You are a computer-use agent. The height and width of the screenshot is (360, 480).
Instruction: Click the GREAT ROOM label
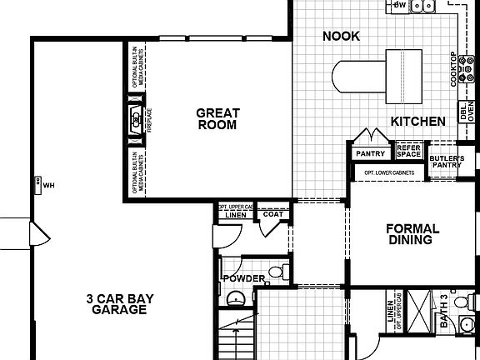click(218, 119)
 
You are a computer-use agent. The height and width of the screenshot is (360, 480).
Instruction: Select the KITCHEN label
click(417, 122)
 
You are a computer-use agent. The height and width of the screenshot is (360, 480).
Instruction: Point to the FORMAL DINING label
click(408, 234)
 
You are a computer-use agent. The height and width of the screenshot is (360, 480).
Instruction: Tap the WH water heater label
click(47, 185)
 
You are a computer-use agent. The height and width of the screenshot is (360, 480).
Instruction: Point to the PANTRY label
click(367, 153)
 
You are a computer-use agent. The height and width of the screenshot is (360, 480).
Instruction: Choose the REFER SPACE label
click(408, 151)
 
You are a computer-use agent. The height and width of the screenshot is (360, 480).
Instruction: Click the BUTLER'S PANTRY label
click(447, 161)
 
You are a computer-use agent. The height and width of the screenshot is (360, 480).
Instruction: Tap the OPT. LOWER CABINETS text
click(389, 172)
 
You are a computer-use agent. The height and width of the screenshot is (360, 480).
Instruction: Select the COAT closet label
click(273, 214)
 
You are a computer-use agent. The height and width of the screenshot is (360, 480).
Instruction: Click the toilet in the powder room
click(282, 272)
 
